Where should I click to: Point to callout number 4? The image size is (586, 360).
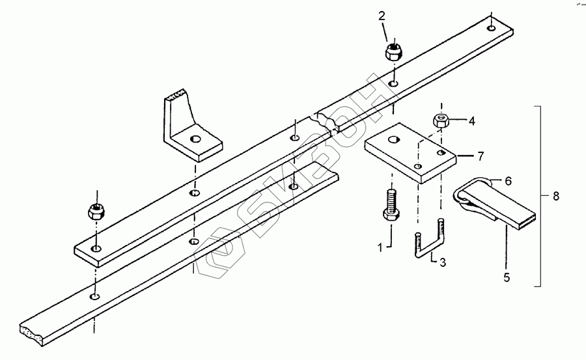coord(471,120)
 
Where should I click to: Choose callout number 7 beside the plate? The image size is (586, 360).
coord(481,156)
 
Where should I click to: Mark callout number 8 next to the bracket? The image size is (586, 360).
coord(555,196)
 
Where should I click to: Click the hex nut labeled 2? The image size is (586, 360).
coord(393,51)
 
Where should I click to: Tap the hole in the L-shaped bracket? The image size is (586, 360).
coord(195,139)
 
